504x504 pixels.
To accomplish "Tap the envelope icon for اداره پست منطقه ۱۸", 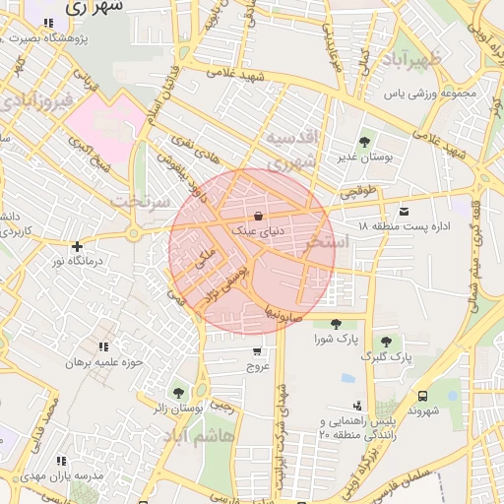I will (x=404, y=211).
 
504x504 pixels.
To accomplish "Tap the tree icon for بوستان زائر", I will (x=178, y=393).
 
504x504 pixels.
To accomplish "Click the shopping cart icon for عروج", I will (x=258, y=350).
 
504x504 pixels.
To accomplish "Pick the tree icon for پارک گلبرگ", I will (x=387, y=342).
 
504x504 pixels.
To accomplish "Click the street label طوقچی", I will (x=358, y=193).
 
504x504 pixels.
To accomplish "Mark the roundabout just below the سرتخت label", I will (x=134, y=234).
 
